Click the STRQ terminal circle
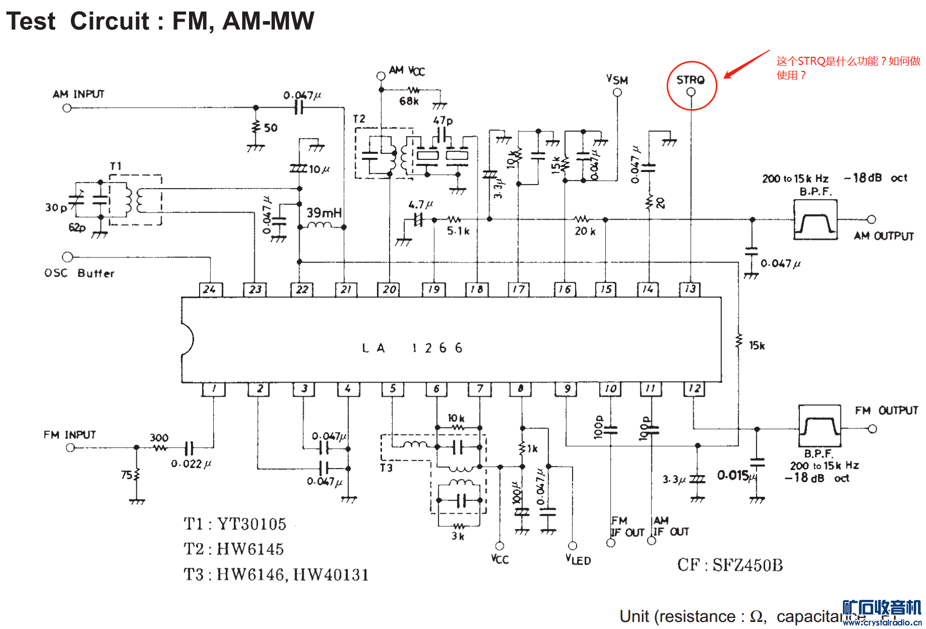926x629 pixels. [691, 92]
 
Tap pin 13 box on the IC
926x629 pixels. [690, 289]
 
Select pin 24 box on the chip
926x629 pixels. [210, 289]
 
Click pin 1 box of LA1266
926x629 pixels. [214, 389]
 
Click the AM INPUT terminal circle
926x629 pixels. [67, 108]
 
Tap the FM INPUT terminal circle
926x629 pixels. [70, 447]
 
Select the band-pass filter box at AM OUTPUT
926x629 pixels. [815, 220]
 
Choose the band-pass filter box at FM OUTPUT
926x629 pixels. [820, 426]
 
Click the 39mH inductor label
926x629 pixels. [324, 213]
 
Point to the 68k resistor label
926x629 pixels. [409, 102]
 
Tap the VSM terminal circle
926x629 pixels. [617, 93]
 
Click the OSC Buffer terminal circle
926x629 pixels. [67, 257]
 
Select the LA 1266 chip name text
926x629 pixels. [412, 348]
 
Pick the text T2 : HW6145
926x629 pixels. [234, 549]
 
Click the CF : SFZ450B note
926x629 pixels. [730, 565]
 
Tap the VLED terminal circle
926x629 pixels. [572, 546]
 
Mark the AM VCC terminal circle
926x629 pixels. [381, 76]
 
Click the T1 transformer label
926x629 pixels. [116, 166]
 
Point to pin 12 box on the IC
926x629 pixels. [694, 389]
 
